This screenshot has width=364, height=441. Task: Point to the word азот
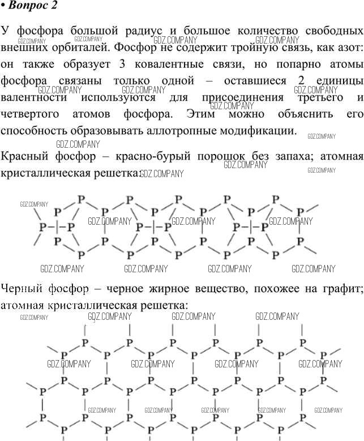point(347,48)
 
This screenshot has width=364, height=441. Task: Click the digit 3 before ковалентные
point(122,65)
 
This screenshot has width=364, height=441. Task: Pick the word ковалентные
point(169,65)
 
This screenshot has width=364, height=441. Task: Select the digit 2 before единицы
point(301,81)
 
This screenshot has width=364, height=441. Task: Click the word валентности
point(34,98)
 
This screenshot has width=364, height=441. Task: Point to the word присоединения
point(243,98)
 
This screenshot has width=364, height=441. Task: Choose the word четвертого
point(30,114)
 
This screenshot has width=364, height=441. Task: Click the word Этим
point(200,114)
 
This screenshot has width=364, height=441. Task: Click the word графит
point(343,289)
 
